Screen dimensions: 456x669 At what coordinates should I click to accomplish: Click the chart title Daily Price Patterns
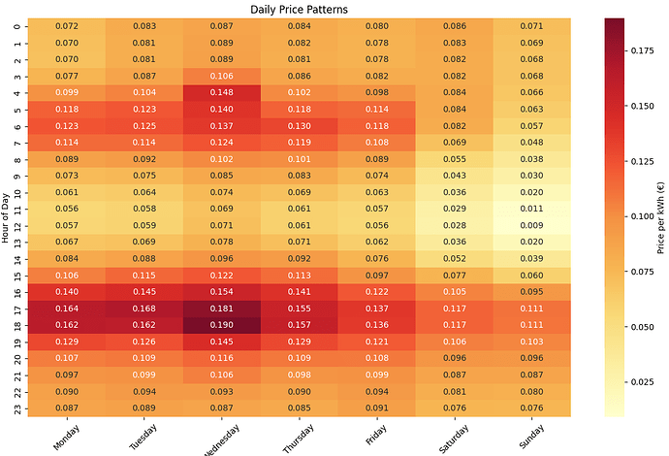coord(300,9)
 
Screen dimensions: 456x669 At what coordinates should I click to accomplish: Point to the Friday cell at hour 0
coord(378,26)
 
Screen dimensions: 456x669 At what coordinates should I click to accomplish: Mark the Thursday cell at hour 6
coord(300,125)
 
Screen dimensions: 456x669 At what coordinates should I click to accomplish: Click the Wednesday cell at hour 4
coord(221,92)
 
